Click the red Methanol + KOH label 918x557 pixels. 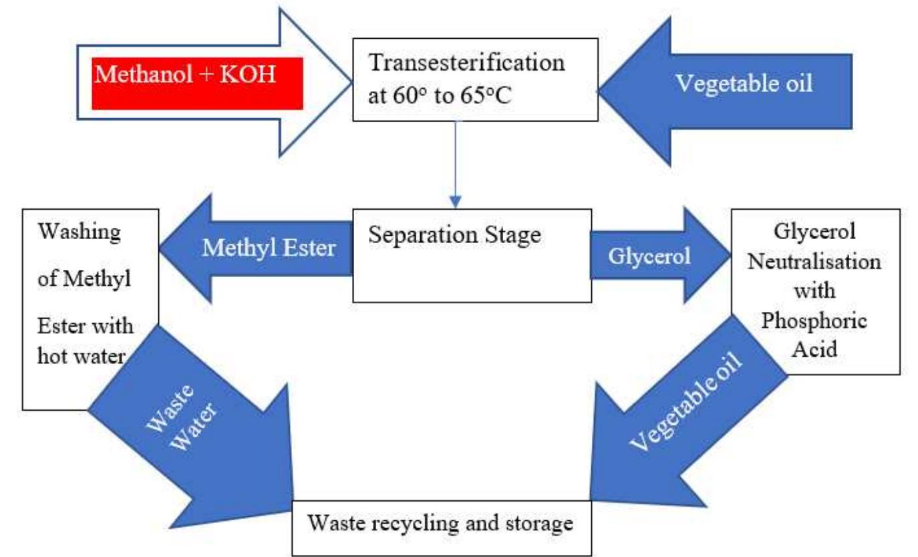point(197,83)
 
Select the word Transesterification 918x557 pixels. point(466,63)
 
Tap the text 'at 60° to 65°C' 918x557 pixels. point(440,96)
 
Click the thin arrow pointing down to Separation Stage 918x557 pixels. point(455,164)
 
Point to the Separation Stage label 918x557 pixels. point(454,236)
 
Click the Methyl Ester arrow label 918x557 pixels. point(269,248)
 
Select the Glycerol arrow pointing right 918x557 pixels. point(660,255)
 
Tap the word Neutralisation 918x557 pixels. point(814,261)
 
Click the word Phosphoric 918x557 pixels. point(814,321)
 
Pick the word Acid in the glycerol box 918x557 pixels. point(814,349)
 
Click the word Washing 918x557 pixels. point(79,232)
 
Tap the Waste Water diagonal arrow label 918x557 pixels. point(181,419)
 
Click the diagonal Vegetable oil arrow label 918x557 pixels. point(685,401)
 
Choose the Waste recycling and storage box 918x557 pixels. point(442,528)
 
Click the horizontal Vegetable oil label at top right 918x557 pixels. point(744,84)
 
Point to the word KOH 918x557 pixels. point(247,74)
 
